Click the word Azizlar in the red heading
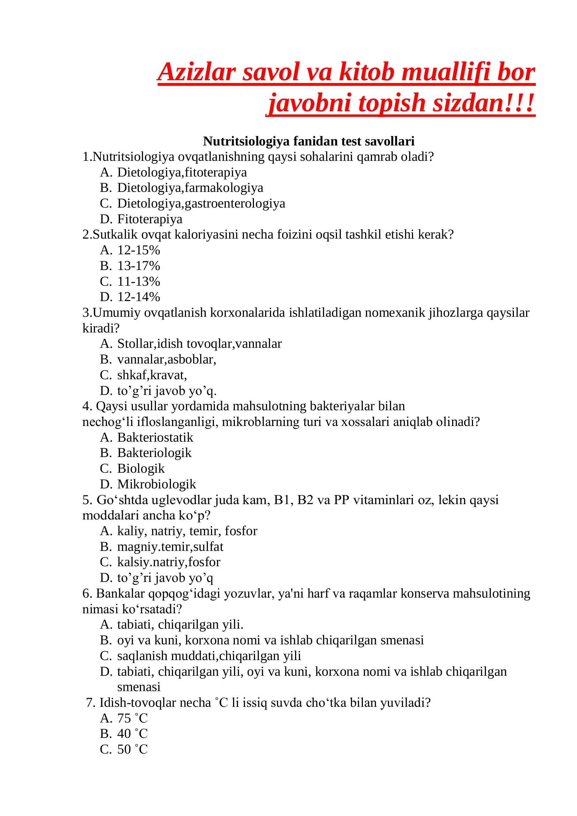tap(197, 72)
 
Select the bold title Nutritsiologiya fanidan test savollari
tap(308, 141)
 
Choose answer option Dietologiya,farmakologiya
tap(190, 188)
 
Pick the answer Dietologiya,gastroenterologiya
tap(201, 203)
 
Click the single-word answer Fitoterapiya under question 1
tap(150, 219)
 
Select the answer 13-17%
tap(138, 266)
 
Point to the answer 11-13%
tap(138, 282)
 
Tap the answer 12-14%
tap(138, 297)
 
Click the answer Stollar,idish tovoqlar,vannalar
tap(199, 344)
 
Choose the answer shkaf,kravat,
tap(152, 375)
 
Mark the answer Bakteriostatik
tap(155, 437)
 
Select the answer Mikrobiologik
tap(157, 484)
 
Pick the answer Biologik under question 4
tap(141, 469)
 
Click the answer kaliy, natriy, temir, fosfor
tap(187, 531)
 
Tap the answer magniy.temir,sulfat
tap(170, 547)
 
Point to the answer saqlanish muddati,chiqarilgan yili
tap(209, 656)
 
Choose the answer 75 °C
tap(132, 718)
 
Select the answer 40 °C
tap(132, 734)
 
